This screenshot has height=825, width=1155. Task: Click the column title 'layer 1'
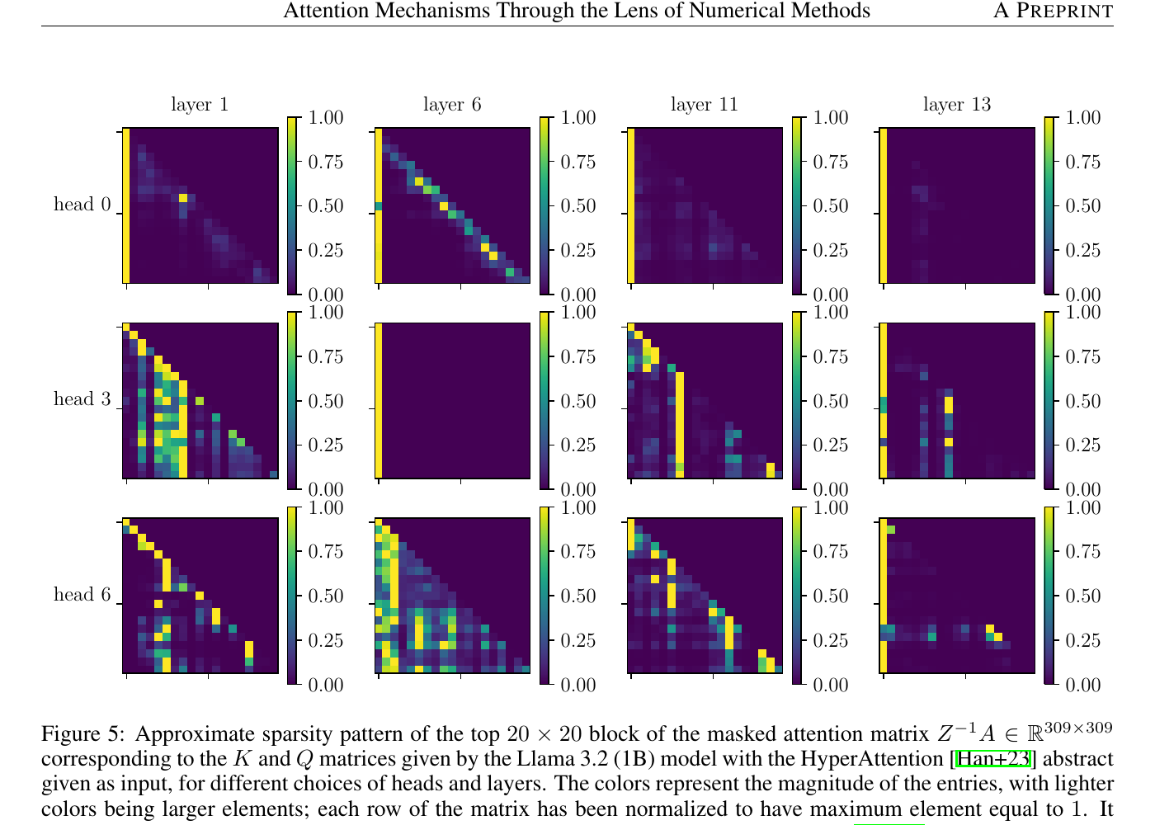tap(200, 105)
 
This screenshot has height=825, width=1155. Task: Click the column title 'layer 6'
tap(452, 105)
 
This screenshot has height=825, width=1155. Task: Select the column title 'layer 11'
tap(704, 105)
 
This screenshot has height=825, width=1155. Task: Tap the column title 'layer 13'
tap(956, 105)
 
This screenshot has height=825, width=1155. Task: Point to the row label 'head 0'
tap(82, 205)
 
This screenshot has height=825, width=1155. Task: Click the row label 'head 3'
tap(82, 399)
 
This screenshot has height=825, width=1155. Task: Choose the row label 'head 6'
tap(82, 595)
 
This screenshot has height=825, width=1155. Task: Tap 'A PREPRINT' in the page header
tap(1053, 11)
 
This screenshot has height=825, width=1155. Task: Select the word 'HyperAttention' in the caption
tap(874, 759)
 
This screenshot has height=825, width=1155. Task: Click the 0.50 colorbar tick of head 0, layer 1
tap(325, 206)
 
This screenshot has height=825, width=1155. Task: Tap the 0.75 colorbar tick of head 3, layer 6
tap(577, 357)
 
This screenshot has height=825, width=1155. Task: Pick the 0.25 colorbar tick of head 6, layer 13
tap(1082, 641)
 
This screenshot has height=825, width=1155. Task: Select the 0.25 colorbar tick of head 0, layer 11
tap(830, 251)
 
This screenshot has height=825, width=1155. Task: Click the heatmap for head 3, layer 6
tap(453, 401)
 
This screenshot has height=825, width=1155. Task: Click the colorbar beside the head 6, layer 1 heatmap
tap(292, 596)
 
